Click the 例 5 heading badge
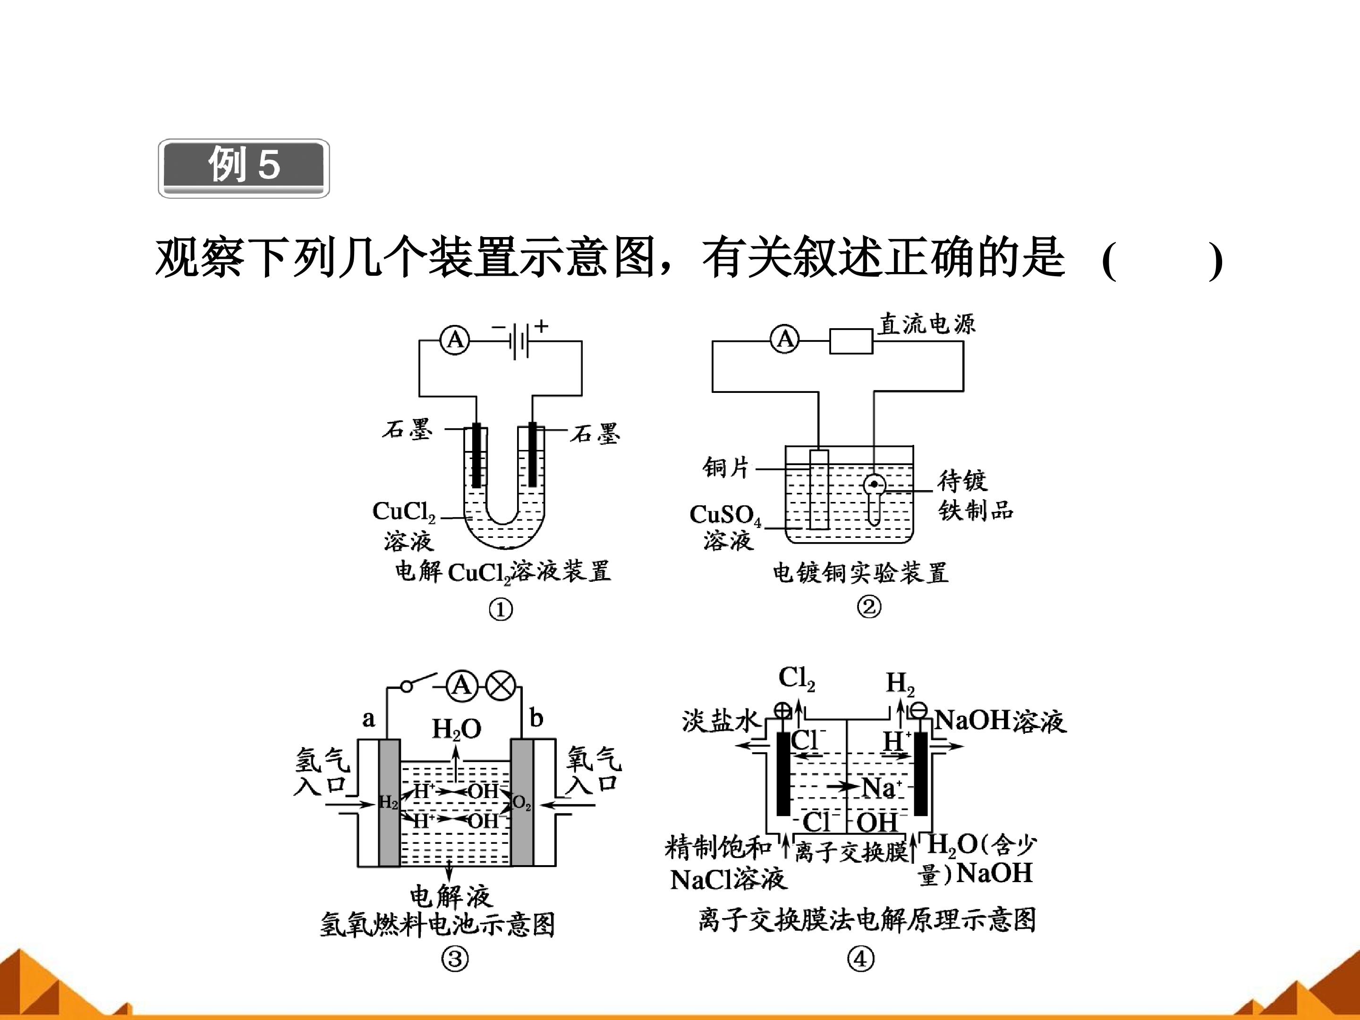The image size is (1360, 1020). (244, 168)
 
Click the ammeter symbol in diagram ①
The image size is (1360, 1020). (455, 340)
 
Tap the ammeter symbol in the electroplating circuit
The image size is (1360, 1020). (785, 340)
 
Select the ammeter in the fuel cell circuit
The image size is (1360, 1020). (462, 686)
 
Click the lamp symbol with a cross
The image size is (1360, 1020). (501, 686)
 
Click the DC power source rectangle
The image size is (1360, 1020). (851, 341)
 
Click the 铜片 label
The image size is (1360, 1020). (726, 468)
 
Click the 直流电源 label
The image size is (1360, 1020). (926, 324)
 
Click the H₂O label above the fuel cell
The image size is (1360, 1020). (456, 729)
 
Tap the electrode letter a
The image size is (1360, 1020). (368, 719)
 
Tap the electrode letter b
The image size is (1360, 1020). (536, 717)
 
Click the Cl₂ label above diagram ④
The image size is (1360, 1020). (797, 679)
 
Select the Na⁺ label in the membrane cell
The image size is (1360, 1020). (882, 787)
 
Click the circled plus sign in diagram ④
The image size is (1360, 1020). (782, 711)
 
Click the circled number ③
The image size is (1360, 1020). (455, 959)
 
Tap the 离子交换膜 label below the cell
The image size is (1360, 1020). (851, 851)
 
